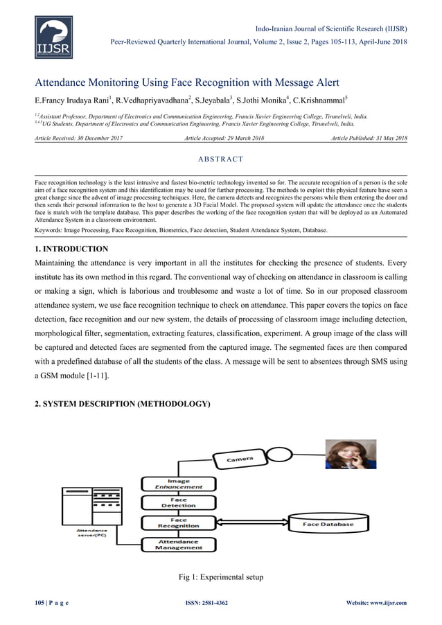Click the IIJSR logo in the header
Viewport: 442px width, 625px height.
tap(53, 38)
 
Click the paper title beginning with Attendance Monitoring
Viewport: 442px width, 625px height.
tap(186, 83)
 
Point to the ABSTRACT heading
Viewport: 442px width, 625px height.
tap(220, 159)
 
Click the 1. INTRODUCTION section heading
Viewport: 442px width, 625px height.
tap(71, 248)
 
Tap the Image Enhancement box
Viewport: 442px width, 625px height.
tap(173, 484)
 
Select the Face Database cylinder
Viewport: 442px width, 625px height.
tap(328, 525)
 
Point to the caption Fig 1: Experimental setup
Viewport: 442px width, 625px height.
tap(220, 577)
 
